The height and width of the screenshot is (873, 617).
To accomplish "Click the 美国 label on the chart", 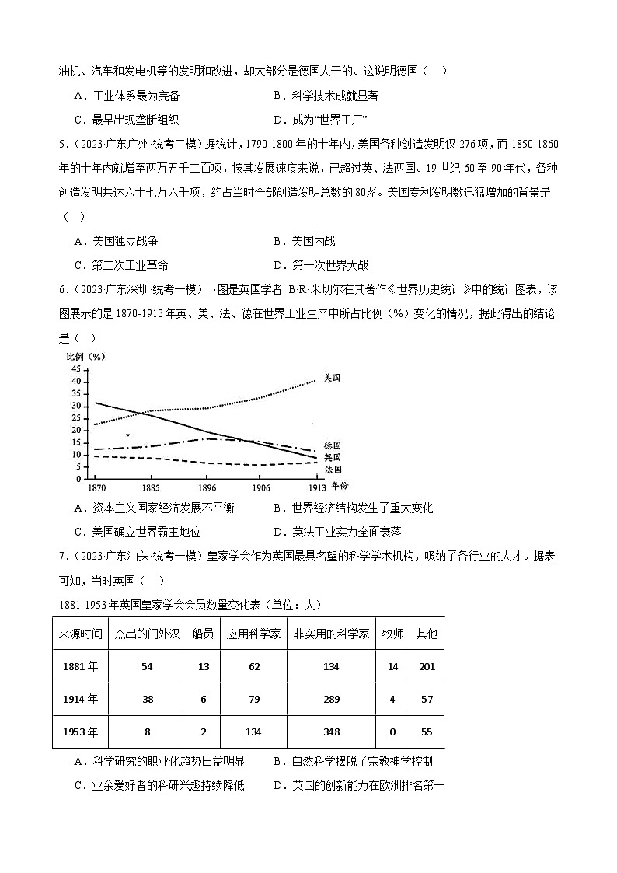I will click(x=332, y=377).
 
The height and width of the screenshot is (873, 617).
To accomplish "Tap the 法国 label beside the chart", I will click(x=332, y=470).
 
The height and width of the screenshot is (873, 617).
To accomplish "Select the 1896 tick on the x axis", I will click(x=207, y=487).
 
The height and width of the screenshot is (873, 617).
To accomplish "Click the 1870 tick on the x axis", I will click(x=97, y=487).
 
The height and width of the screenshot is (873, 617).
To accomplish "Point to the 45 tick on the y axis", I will click(x=76, y=369).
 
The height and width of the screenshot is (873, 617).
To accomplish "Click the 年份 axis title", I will click(x=340, y=486).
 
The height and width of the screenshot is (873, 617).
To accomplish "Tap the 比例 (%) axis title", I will click(x=85, y=356).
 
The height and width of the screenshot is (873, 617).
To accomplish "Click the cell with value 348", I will click(x=332, y=732).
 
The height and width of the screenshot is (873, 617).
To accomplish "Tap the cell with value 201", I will click(x=427, y=666).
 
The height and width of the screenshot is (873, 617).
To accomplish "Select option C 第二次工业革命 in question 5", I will click(x=129, y=265).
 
